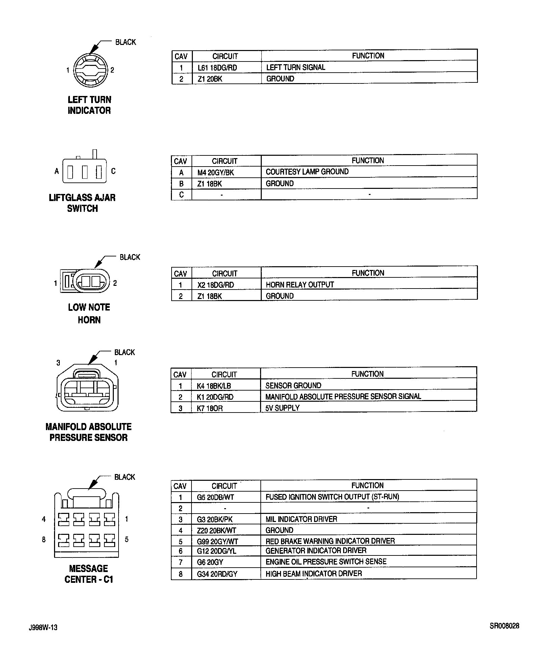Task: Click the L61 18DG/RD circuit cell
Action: point(217,68)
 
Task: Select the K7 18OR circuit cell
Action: point(210,408)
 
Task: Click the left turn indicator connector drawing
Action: point(90,70)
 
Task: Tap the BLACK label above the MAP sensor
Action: point(124,352)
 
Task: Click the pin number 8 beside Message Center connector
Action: point(44,540)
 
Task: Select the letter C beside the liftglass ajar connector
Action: point(113,171)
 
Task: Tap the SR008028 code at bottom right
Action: point(504,626)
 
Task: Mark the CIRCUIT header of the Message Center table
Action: point(224,486)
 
